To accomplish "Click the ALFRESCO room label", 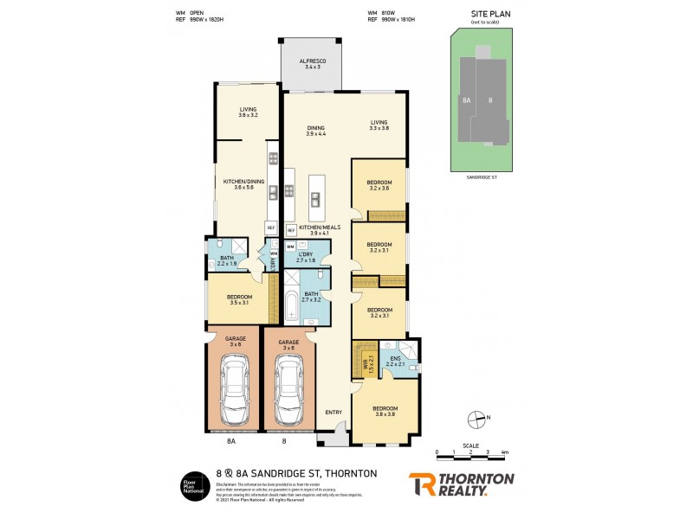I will pyautogui.click(x=310, y=63).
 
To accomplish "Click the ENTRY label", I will pyautogui.click(x=334, y=413).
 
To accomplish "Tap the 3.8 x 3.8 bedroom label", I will pyautogui.click(x=385, y=411).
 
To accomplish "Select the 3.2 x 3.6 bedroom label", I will pyautogui.click(x=379, y=185).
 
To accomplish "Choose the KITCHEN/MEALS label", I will pyautogui.click(x=319, y=229).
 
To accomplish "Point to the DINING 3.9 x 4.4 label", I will pyautogui.click(x=314, y=131).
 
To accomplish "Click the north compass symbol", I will pyautogui.click(x=475, y=421).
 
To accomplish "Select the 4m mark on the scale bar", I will pyautogui.click(x=504, y=452).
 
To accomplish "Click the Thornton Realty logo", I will pyautogui.click(x=461, y=484).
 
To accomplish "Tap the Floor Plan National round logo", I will pyautogui.click(x=192, y=485).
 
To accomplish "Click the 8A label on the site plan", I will pyautogui.click(x=466, y=101).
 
